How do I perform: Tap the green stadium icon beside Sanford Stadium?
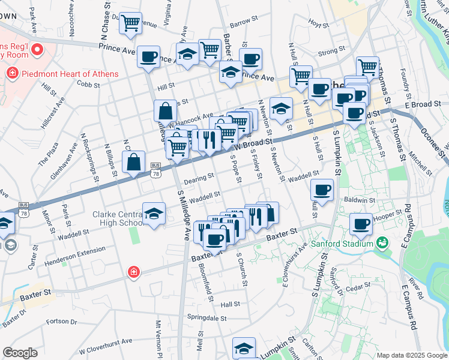coord(381,243)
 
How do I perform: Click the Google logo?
coord(20,353)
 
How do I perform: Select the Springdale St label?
coord(205,316)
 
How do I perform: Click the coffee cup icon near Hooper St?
coord(361,224)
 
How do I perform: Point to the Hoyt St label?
coord(318,25)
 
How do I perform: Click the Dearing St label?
coord(199,178)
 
